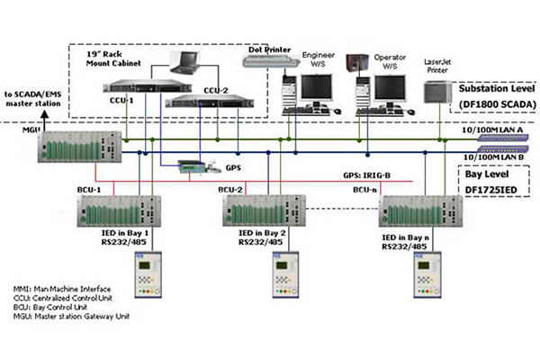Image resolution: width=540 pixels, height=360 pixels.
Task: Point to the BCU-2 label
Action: pyautogui.click(x=230, y=191)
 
